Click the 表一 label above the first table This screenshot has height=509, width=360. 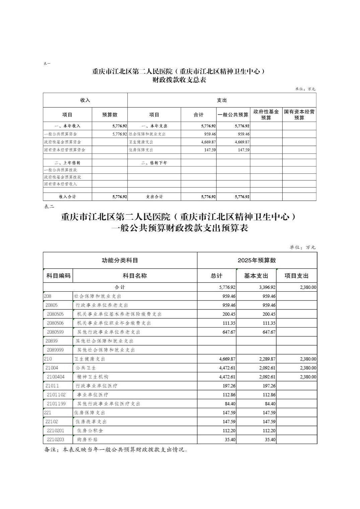[47, 63]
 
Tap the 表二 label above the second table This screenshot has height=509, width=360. [49, 207]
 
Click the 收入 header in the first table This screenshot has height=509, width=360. [85, 100]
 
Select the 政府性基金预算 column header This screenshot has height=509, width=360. [266, 115]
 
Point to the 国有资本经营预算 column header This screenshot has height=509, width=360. [299, 115]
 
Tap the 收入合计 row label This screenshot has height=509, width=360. [67, 197]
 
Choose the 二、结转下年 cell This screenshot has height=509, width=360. [154, 163]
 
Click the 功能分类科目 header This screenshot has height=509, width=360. [120, 260]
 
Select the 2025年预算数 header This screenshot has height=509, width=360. [257, 260]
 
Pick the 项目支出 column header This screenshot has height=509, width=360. [296, 276]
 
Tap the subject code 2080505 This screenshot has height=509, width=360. [55, 314]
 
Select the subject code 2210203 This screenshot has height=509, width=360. [55, 439]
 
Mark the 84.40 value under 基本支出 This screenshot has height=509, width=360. [269, 404]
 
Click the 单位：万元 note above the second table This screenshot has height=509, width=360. [302, 247]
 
